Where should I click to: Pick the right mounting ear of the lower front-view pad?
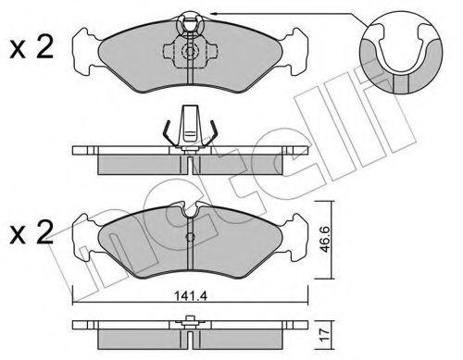pyautogui.click(x=294, y=234)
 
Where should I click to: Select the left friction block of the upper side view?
pyautogui.click(x=139, y=162)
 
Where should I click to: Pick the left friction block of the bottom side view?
pyautogui.click(x=139, y=337)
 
